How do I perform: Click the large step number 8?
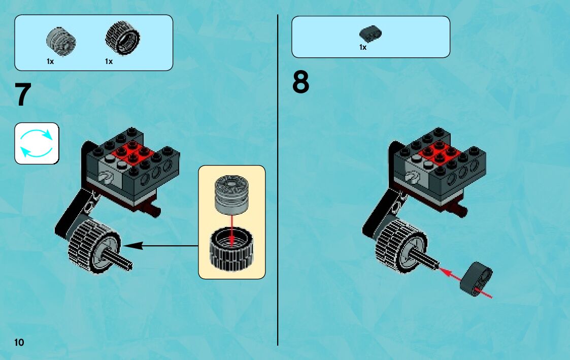[300, 82]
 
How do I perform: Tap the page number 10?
[19, 342]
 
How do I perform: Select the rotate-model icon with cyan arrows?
[37, 143]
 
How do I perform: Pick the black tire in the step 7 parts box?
[122, 39]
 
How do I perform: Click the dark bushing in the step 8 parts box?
[370, 34]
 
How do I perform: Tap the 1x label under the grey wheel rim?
[50, 61]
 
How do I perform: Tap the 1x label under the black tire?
[109, 61]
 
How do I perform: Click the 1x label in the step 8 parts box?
[363, 47]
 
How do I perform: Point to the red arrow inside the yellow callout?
[231, 228]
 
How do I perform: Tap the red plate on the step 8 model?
[438, 151]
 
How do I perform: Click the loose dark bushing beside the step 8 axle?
[477, 278]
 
